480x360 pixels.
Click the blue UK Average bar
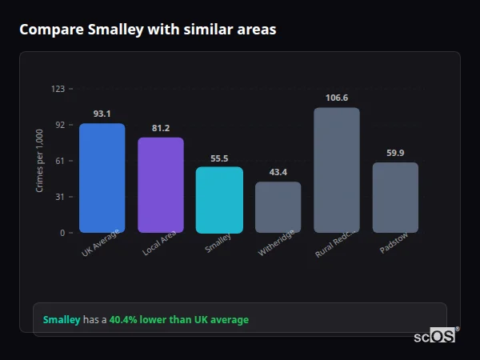coord(102,178)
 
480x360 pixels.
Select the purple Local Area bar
coord(161,185)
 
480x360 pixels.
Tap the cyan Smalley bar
coord(219,199)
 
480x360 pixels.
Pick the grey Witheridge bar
coord(278,206)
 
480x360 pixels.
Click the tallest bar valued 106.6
coord(337,170)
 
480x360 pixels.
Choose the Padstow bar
coord(395,197)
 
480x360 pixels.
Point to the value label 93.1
coord(102,114)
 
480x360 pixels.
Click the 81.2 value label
coord(161,128)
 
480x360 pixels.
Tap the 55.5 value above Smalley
coord(219,158)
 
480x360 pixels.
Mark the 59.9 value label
coord(395,153)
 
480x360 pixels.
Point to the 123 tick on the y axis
coord(58,89)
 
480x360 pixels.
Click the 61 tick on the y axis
coord(59,161)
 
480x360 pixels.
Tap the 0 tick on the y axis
coord(62,233)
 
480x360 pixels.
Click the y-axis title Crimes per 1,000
coord(40,160)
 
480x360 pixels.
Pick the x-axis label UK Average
coord(100,243)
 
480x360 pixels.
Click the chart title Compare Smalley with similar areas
coord(148,30)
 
